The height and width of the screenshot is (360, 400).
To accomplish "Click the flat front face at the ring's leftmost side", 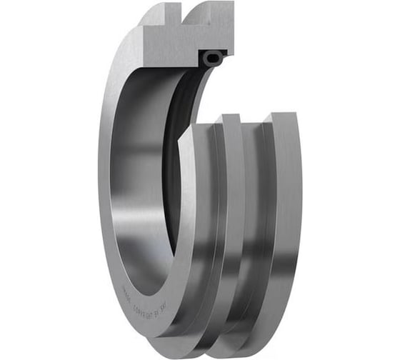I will [106, 179].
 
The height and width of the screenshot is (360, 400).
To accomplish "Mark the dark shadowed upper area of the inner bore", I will [143, 107].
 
